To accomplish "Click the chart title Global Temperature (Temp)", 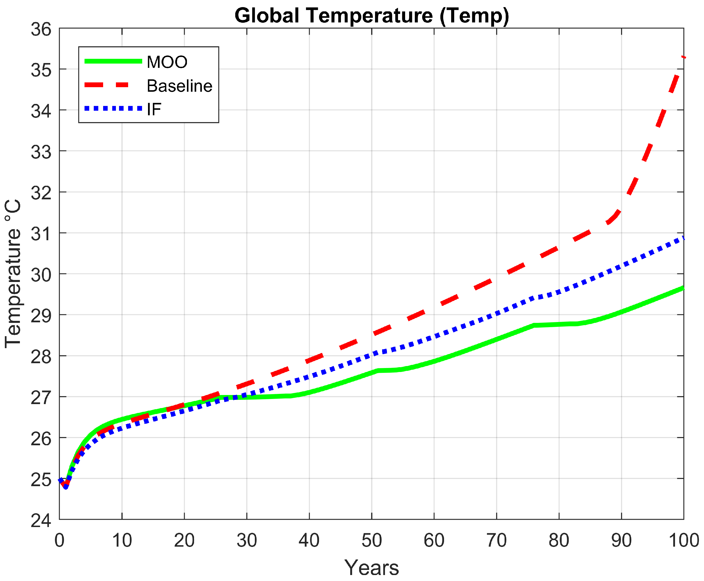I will [371, 15].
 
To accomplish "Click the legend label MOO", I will [167, 62].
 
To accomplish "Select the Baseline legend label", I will [179, 86].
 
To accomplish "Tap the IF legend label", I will [154, 109].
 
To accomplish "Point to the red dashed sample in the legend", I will [107, 85].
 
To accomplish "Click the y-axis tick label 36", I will [41, 30].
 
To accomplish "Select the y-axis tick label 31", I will [41, 234].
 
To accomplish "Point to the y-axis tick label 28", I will [41, 357].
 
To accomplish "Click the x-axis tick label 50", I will [371, 540].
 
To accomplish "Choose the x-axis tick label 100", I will [683, 540].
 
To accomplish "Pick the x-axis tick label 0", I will [59, 540].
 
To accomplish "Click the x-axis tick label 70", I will [496, 540].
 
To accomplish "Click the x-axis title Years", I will [371, 568].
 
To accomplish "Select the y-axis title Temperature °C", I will [13, 274].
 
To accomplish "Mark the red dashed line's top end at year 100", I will [683, 58].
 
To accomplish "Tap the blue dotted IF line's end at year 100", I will [683, 238].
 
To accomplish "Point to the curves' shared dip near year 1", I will [66, 486].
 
